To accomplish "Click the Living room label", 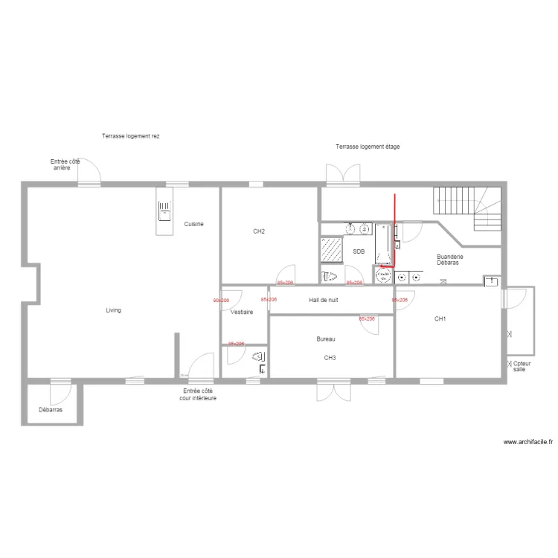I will pos(113,310).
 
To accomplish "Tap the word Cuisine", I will pos(194,224).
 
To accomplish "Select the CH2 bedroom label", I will pos(259,231).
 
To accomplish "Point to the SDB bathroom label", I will pos(359,252).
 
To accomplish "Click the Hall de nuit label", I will pos(324,300).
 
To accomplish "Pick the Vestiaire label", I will pos(242,312).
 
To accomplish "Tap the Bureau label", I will pos(326,339).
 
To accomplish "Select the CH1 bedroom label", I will pos(440,318).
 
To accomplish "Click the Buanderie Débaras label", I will pos(449,260).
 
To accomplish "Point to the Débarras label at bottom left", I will pos(51,410).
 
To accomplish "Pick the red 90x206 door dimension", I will pos(221,301).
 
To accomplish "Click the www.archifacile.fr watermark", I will pos(528,442).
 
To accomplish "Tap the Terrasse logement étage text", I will pos(368,147).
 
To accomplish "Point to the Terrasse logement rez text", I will pos(131,136).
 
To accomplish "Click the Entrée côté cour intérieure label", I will pos(198,394).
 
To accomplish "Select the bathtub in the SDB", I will pos(384,244).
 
